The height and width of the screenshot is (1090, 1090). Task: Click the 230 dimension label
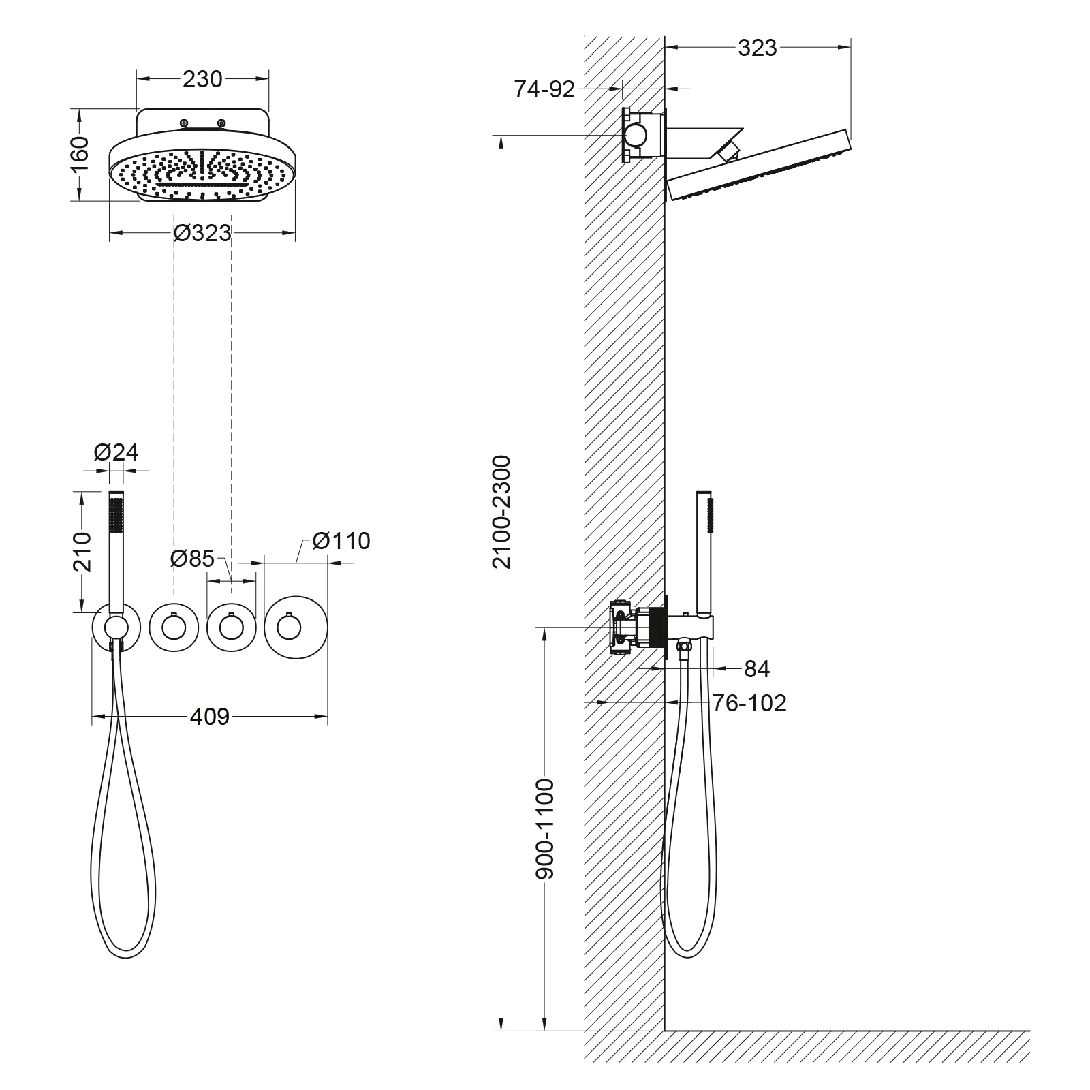click(x=202, y=79)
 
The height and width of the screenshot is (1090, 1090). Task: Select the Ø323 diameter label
click(x=202, y=233)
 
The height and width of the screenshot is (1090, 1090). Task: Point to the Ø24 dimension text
click(x=116, y=452)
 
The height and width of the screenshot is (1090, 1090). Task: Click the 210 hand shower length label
click(x=81, y=551)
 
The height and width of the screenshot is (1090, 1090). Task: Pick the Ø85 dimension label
click(x=192, y=559)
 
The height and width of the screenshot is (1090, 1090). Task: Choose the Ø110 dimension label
click(x=341, y=541)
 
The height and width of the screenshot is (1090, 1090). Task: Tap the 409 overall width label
click(x=209, y=716)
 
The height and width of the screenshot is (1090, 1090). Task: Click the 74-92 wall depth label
click(x=544, y=89)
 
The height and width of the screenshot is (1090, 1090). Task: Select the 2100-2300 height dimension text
click(x=501, y=512)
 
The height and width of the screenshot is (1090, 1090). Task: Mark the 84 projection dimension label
click(x=756, y=669)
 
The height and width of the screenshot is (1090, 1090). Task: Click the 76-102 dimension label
click(x=749, y=702)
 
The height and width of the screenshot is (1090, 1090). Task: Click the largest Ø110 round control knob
click(x=296, y=627)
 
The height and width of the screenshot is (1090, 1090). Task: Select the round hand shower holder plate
click(x=116, y=627)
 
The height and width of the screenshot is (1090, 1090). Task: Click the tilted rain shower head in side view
click(x=759, y=166)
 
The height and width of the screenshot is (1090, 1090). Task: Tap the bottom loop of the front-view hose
click(x=129, y=948)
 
